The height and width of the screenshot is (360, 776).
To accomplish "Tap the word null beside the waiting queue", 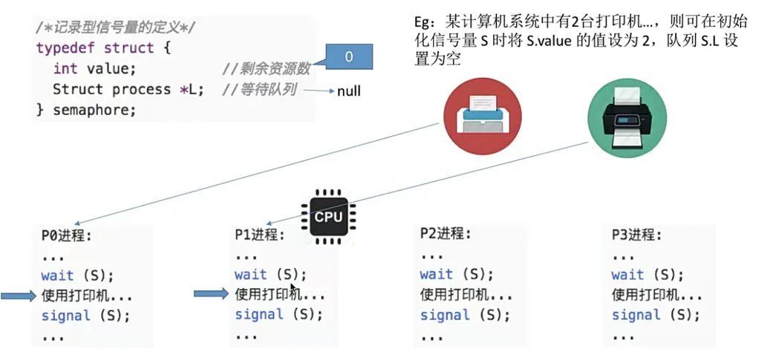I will pyautogui.click(x=348, y=91).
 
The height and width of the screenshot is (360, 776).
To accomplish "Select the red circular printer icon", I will pyautogui.click(x=482, y=116).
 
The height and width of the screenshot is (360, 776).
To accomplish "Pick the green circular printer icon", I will pyautogui.click(x=627, y=116).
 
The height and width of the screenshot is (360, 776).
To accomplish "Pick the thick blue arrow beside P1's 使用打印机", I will pyautogui.click(x=211, y=295).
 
